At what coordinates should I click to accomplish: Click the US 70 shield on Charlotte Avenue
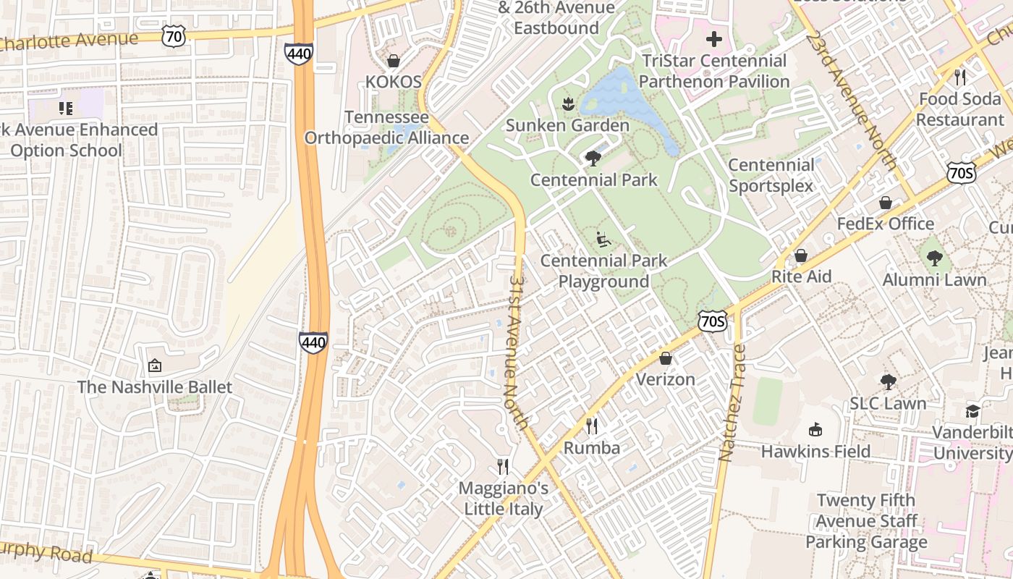click(x=174, y=35)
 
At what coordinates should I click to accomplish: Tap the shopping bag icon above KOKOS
click(x=394, y=60)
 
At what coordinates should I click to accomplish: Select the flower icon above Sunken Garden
click(x=567, y=103)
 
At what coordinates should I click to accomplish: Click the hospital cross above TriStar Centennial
click(x=713, y=39)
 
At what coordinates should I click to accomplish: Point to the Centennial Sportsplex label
click(x=771, y=175)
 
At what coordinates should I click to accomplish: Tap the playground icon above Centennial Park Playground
click(x=603, y=239)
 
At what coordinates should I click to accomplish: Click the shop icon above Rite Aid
click(x=801, y=255)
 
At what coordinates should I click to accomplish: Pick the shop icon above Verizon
click(x=665, y=358)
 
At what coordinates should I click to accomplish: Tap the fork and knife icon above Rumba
click(x=592, y=426)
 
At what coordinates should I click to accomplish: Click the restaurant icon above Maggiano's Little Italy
click(x=503, y=467)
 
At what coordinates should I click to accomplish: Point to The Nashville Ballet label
click(x=155, y=386)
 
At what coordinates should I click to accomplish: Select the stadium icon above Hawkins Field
click(x=815, y=430)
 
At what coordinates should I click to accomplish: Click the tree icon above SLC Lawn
click(x=888, y=381)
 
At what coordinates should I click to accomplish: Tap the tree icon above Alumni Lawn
click(x=934, y=258)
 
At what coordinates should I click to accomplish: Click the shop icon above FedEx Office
click(x=885, y=203)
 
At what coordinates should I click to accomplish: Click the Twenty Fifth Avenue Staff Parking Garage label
click(x=866, y=521)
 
